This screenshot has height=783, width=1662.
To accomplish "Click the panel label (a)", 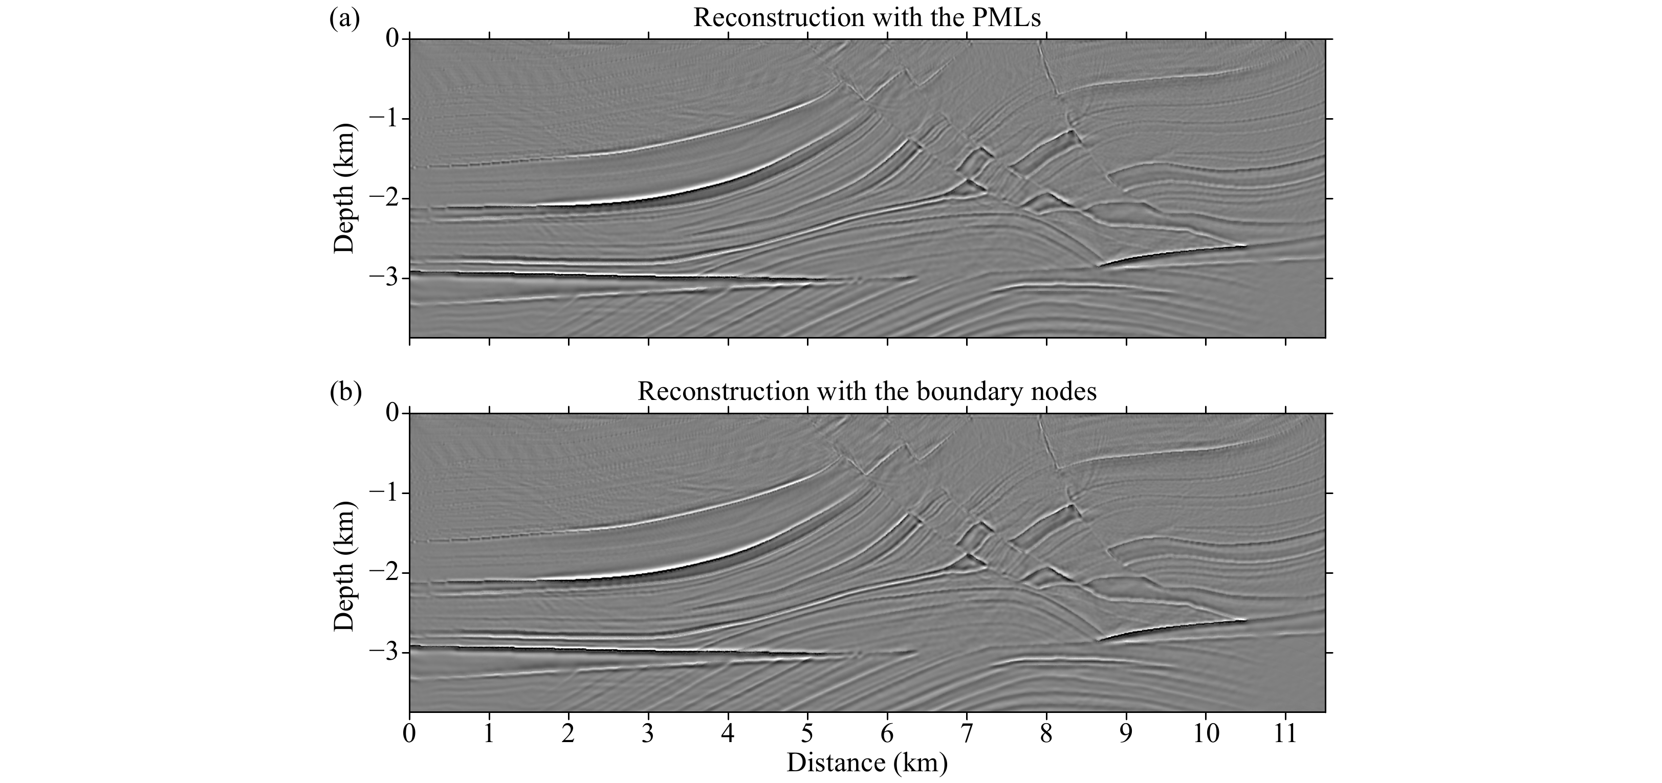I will pyautogui.click(x=344, y=18).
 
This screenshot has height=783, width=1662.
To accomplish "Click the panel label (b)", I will pyautogui.click(x=344, y=392).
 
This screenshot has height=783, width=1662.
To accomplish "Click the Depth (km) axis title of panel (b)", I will pyautogui.click(x=344, y=563).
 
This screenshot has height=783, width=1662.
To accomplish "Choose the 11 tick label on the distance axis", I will pyautogui.click(x=1285, y=733).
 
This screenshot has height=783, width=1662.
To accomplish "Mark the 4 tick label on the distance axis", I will pyautogui.click(x=728, y=733).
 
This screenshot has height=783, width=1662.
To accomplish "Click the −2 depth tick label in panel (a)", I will pyautogui.click(x=384, y=198).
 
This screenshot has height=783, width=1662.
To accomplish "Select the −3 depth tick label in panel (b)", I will pyautogui.click(x=384, y=653).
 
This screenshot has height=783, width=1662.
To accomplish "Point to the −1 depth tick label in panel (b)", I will pyautogui.click(x=384, y=494).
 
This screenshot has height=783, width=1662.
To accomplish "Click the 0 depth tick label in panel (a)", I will pyautogui.click(x=393, y=39).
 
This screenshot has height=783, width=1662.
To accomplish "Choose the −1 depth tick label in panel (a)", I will pyautogui.click(x=384, y=119).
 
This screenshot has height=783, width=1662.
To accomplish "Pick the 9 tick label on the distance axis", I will pyautogui.click(x=1126, y=733).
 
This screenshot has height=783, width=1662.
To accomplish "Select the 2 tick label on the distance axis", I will pyautogui.click(x=568, y=733).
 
